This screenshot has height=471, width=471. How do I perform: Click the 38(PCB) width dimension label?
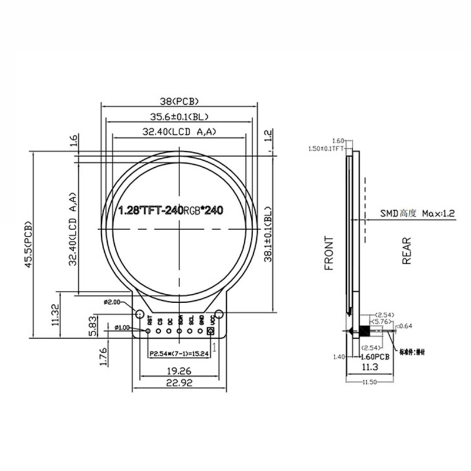click(179, 100)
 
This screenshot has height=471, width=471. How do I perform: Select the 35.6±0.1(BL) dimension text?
click(179, 116)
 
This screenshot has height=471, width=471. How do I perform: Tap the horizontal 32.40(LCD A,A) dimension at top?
click(179, 132)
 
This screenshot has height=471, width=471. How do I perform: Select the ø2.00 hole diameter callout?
click(112, 301)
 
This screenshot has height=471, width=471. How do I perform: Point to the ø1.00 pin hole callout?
click(122, 327)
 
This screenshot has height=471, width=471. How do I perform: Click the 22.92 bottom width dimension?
click(178, 383)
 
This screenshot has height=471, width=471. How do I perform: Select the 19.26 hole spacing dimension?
click(178, 371)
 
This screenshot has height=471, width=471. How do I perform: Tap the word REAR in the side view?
click(406, 250)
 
